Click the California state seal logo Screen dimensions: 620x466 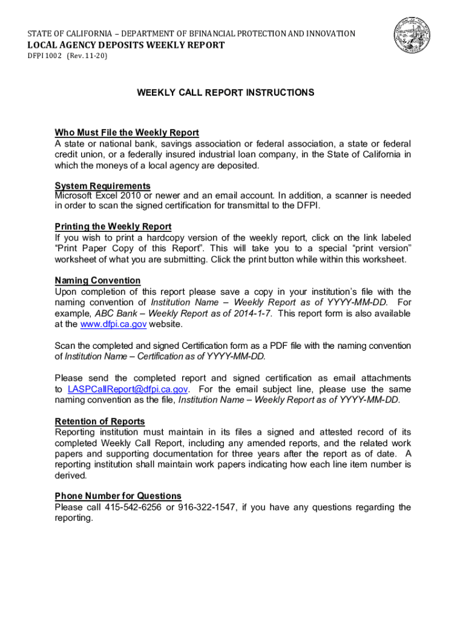(x=414, y=35)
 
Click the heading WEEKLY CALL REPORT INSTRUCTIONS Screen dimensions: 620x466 (x=225, y=93)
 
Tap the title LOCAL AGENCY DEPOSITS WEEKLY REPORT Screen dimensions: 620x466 (x=125, y=45)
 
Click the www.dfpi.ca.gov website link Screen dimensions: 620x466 (x=113, y=325)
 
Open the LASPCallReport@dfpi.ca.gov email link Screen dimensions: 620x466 (x=128, y=389)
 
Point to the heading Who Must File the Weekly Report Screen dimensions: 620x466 (x=126, y=133)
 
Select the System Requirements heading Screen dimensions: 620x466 (x=102, y=185)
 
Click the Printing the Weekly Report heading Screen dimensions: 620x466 (x=113, y=226)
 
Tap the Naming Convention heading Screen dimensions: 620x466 (x=97, y=280)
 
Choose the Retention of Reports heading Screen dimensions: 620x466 (x=100, y=421)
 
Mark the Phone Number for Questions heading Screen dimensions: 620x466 (x=118, y=496)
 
